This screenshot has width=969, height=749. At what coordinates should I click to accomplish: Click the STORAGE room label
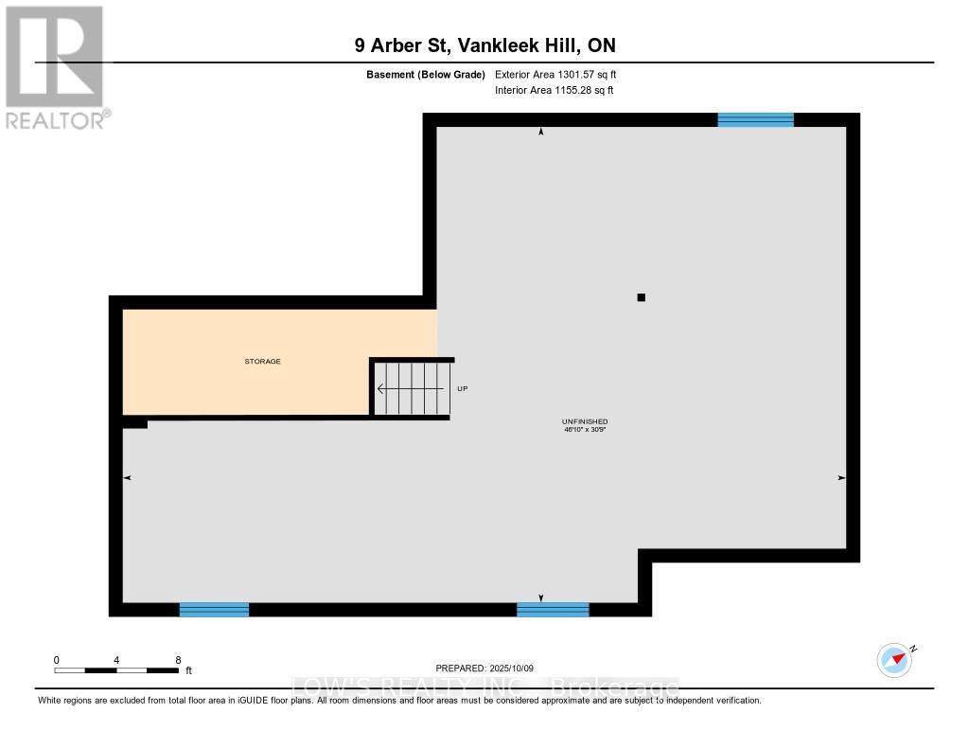pyautogui.click(x=263, y=361)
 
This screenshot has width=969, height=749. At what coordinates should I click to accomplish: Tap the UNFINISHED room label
pyautogui.click(x=585, y=421)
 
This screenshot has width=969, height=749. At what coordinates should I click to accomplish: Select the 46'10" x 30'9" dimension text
pyautogui.click(x=585, y=429)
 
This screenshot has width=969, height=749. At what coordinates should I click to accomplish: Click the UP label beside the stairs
pyautogui.click(x=462, y=388)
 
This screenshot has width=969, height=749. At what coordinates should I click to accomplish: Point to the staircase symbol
pyautogui.click(x=411, y=388)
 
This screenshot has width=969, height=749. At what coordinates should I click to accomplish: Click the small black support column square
pyautogui.click(x=642, y=297)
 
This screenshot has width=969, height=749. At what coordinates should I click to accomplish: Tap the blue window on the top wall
pyautogui.click(x=755, y=120)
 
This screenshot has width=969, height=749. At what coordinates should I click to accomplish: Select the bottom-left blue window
pyautogui.click(x=214, y=610)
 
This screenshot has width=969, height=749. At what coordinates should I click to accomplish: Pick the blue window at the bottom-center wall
pyautogui.click(x=553, y=610)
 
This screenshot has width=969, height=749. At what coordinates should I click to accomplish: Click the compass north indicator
pyautogui.click(x=895, y=660)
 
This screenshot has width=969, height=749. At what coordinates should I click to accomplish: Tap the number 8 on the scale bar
pyautogui.click(x=178, y=660)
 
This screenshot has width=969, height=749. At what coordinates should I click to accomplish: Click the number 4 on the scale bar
pyautogui.click(x=116, y=660)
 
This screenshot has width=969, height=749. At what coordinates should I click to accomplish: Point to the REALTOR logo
pyautogui.click(x=56, y=68)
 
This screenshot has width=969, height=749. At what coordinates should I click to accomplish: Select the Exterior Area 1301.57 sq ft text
pyautogui.click(x=555, y=74)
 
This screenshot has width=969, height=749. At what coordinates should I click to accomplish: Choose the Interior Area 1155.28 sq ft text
pyautogui.click(x=555, y=90)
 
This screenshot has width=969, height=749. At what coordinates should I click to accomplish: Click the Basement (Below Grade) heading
pyautogui.click(x=426, y=74)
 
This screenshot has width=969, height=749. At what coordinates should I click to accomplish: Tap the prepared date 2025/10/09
pyautogui.click(x=512, y=668)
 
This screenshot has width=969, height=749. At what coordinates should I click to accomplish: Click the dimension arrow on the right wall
pyautogui.click(x=841, y=478)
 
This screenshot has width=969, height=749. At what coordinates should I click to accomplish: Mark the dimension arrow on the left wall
pyautogui.click(x=128, y=478)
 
